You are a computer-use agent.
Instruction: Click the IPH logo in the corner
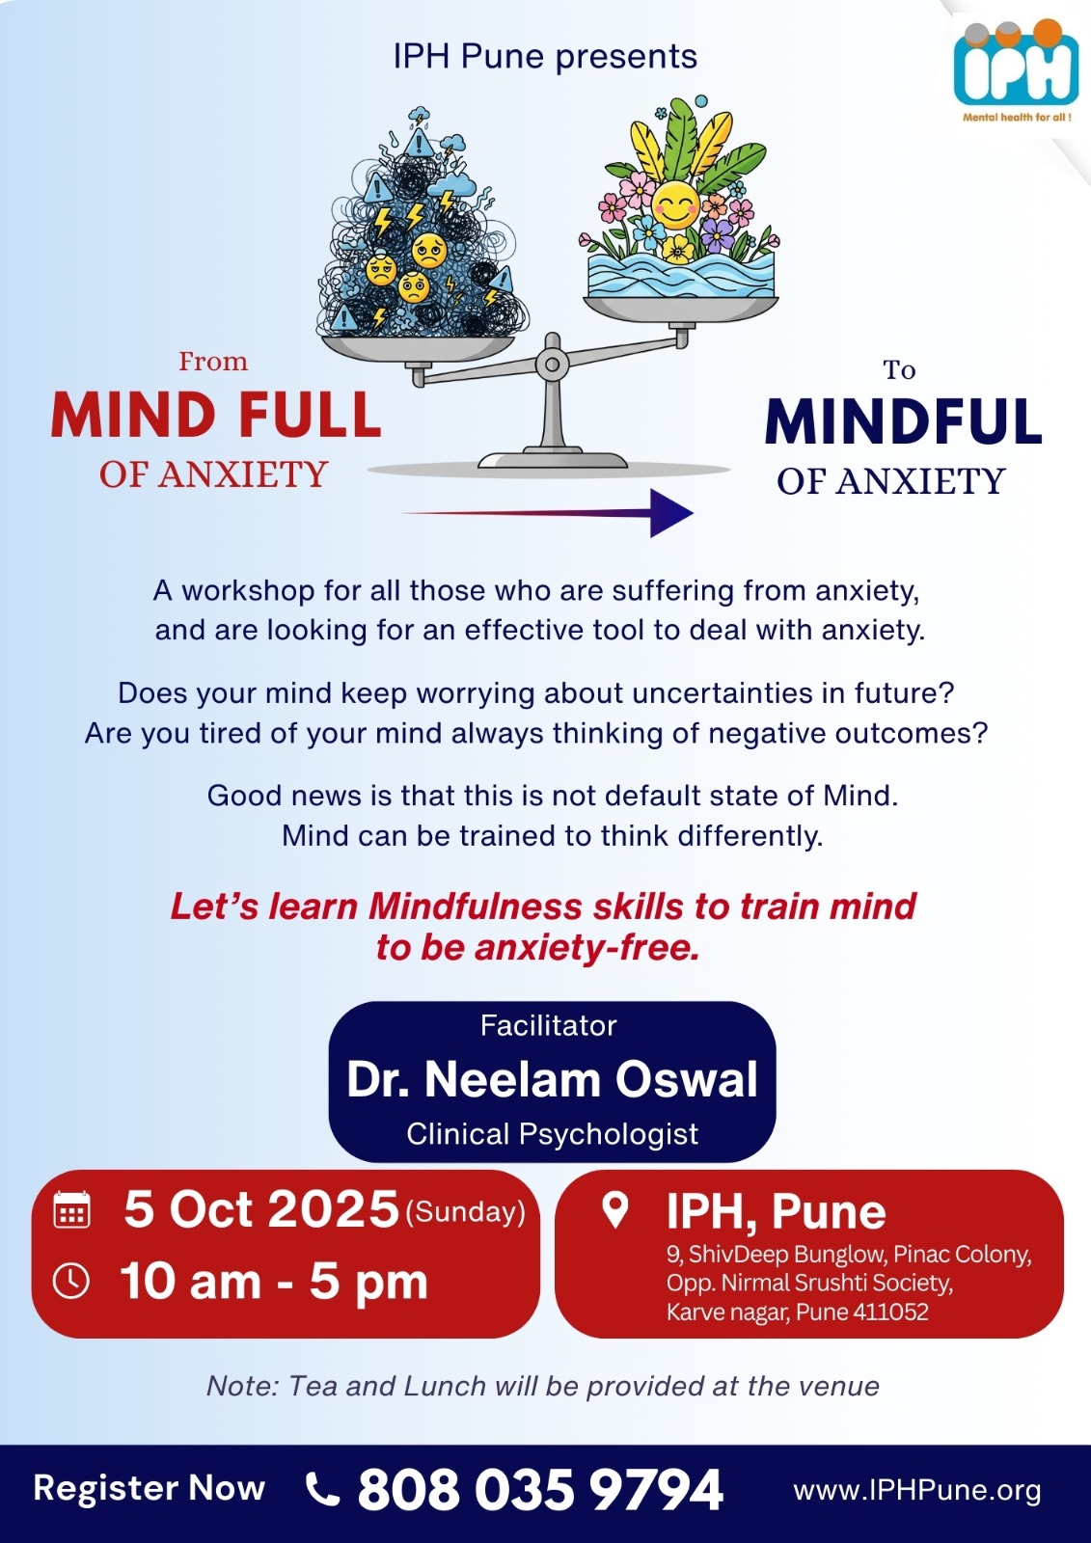coord(1016,71)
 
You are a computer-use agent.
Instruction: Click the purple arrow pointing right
coord(547,513)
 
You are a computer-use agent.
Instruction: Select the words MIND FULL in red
coord(216,416)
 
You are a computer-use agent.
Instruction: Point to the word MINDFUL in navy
coord(903,421)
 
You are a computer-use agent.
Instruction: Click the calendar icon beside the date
coord(71,1209)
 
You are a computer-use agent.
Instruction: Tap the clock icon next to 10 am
coord(71,1282)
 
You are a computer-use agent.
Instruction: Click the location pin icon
coord(614,1209)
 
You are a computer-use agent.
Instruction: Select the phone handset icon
coord(322,1489)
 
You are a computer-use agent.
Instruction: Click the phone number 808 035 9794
coord(540,1489)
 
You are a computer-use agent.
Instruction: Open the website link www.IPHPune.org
coord(917,1491)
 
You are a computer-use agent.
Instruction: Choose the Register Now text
coord(150,1489)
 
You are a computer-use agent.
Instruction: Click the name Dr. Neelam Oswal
coord(552,1079)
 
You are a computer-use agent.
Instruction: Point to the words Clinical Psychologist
coord(552,1134)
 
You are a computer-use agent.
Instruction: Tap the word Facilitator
coord(549,1026)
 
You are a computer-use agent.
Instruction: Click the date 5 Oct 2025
coord(261,1209)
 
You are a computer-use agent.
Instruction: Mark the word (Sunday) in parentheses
coord(466,1213)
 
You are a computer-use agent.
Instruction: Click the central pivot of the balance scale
coord(552,363)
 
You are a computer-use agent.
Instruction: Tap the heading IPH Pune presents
coord(545,57)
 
